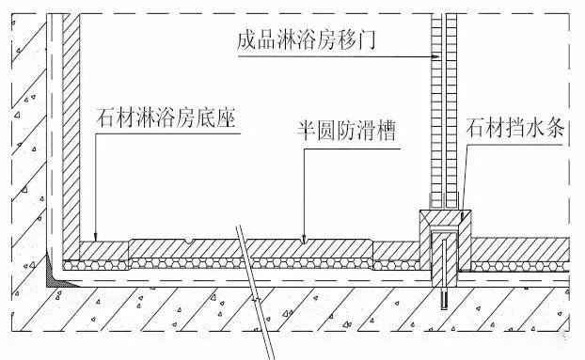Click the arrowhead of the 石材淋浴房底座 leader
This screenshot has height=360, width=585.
[97, 236]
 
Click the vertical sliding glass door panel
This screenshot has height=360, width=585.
[442, 113]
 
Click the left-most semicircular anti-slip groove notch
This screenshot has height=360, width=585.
[192, 241]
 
